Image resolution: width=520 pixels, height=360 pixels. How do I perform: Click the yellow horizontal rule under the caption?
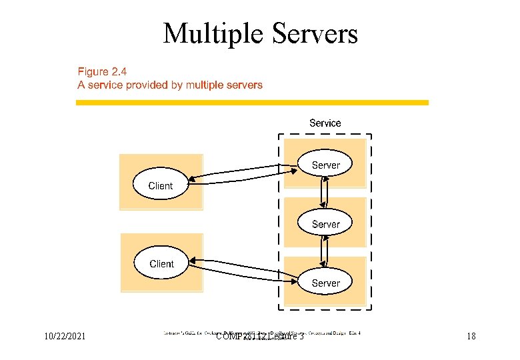tap(252, 103)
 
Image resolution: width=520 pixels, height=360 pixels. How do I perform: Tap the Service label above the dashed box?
tap(325, 123)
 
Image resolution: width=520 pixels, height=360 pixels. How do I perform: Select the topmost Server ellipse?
tap(325, 165)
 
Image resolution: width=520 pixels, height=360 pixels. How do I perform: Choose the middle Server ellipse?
tap(325, 224)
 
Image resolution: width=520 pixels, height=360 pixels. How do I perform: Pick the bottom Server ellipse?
tap(325, 283)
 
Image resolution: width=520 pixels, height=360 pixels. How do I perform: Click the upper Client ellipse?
tap(161, 186)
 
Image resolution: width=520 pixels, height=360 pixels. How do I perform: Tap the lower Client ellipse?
tap(161, 263)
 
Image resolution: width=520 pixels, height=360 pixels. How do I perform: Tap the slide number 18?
tap(471, 337)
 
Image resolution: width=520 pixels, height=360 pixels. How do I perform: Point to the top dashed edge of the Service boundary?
tap(325, 135)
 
